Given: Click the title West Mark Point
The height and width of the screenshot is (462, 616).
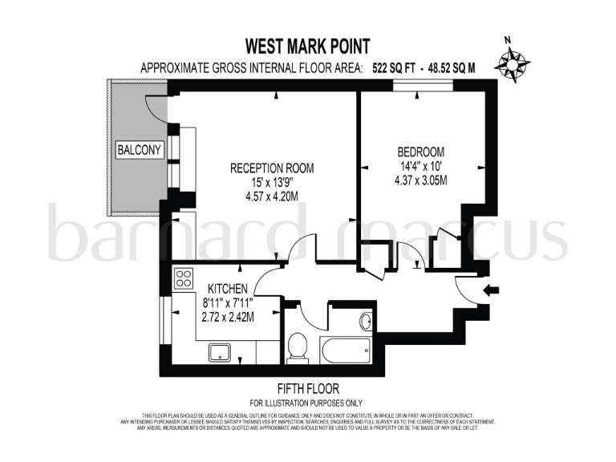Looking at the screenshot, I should click(x=308, y=47).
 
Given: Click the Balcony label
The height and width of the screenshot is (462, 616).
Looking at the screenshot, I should click(x=140, y=150).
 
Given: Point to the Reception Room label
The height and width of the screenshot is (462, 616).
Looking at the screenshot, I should click(x=271, y=168).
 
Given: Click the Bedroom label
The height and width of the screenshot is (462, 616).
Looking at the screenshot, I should click(x=420, y=152).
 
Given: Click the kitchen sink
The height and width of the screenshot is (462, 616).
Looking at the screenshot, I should click(x=219, y=351).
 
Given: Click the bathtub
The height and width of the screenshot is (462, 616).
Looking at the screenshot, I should click(x=345, y=350).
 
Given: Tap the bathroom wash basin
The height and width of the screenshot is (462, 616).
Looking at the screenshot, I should click(x=365, y=322).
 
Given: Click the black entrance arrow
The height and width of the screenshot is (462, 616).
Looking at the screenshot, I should click(x=490, y=290).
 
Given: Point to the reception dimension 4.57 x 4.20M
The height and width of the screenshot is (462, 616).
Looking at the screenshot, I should click(x=271, y=196).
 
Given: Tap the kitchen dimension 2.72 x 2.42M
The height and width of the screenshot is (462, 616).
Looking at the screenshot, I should click(x=228, y=317).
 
